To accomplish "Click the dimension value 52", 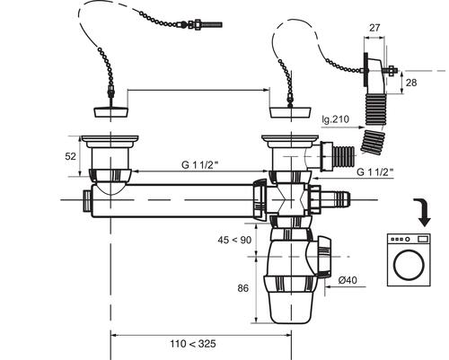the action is coord(71,156).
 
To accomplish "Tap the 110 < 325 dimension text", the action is coord(193,344).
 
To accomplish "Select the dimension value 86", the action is coord(243,288).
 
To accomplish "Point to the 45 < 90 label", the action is coord(234,240).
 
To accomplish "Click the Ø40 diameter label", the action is coord(348,280).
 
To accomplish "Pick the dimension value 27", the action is coord(374,28).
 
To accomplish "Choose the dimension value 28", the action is coord(411,83).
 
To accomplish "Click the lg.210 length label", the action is coord(336,119).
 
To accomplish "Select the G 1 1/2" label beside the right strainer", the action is coord(374,172).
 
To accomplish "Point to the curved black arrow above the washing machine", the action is coord(423,212).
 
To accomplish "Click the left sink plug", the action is coord(111,111).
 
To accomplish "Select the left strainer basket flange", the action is coord(110,139).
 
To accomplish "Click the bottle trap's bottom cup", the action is coord(291,307).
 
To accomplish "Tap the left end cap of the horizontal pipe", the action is coord(87,200).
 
